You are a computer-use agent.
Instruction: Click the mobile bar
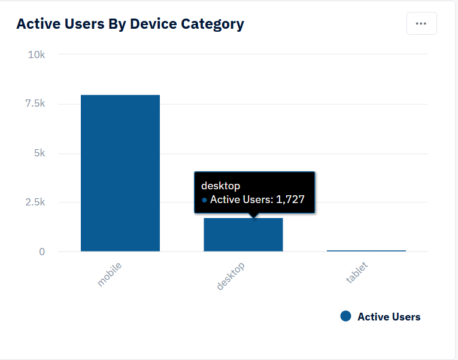120,173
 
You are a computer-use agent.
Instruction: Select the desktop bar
243,235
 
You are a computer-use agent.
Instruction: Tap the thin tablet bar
366,250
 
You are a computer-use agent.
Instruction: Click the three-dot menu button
421,23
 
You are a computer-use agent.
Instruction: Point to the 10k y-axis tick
37,55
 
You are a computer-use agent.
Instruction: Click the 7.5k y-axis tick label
34,104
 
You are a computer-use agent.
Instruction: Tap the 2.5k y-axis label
34,202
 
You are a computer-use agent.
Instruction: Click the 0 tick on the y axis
42,252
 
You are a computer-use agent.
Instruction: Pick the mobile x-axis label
110,273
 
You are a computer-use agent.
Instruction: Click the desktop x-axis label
230,276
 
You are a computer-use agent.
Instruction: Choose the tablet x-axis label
356,273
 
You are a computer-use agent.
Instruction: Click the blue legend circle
345,316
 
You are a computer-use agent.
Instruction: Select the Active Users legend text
389,317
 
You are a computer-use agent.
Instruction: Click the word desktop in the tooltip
220,186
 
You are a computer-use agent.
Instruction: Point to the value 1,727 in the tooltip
290,199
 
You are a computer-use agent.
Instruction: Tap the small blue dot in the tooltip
205,200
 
